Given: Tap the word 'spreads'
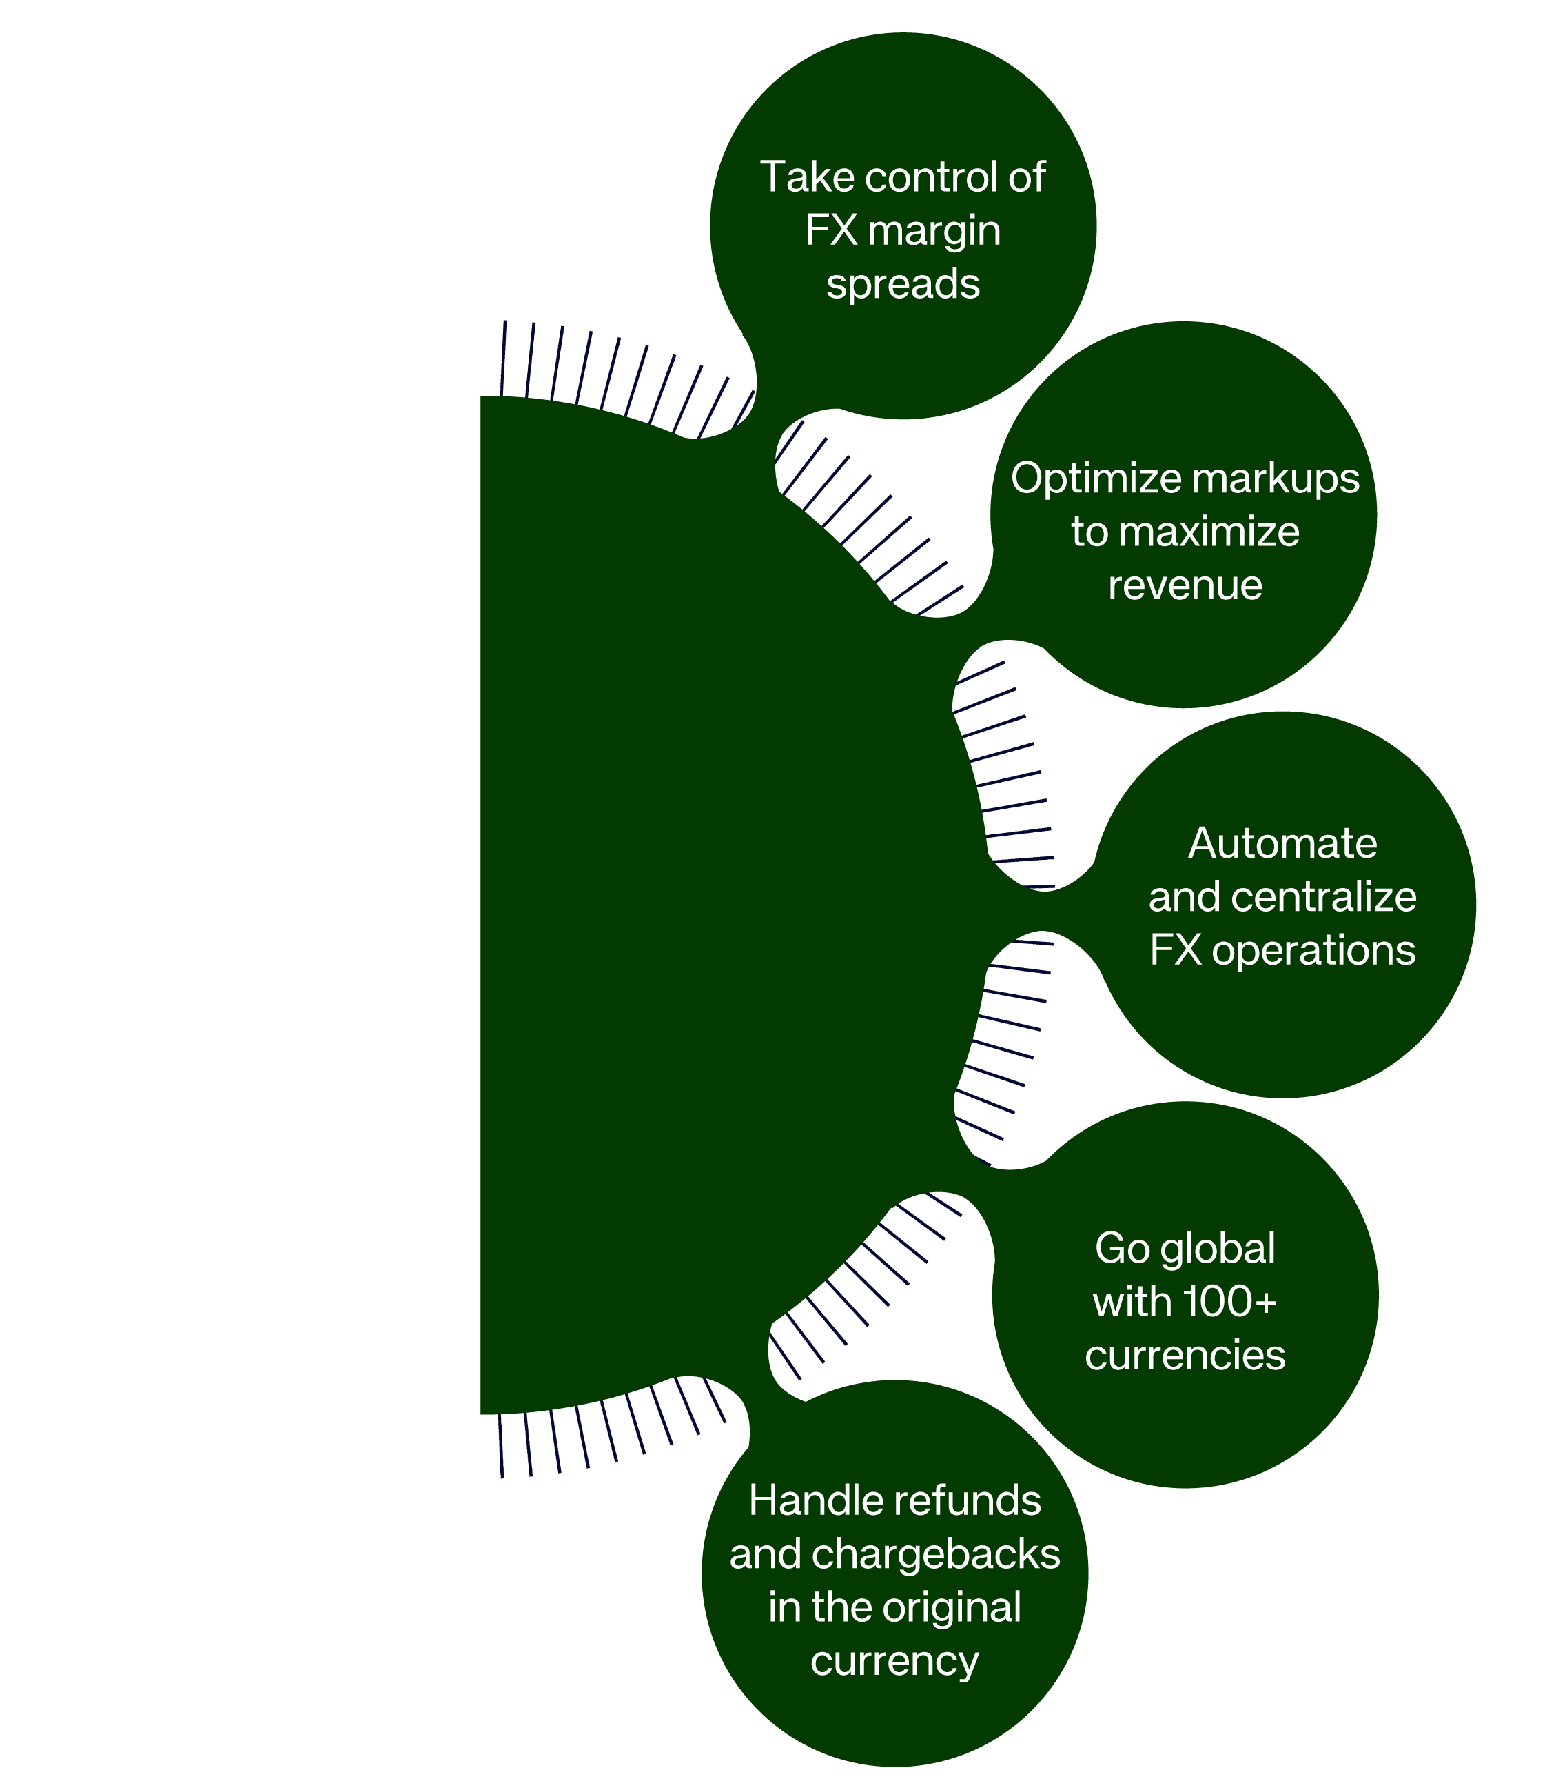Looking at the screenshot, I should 903,284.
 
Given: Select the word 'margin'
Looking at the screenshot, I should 934,232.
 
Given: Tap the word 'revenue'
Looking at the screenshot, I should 1185,585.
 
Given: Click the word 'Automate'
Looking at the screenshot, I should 1282,843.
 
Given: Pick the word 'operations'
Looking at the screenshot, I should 1313,950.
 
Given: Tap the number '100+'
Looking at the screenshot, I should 1230,1302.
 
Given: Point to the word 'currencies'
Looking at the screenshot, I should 1185,1356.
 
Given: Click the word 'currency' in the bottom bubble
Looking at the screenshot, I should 894,1661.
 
